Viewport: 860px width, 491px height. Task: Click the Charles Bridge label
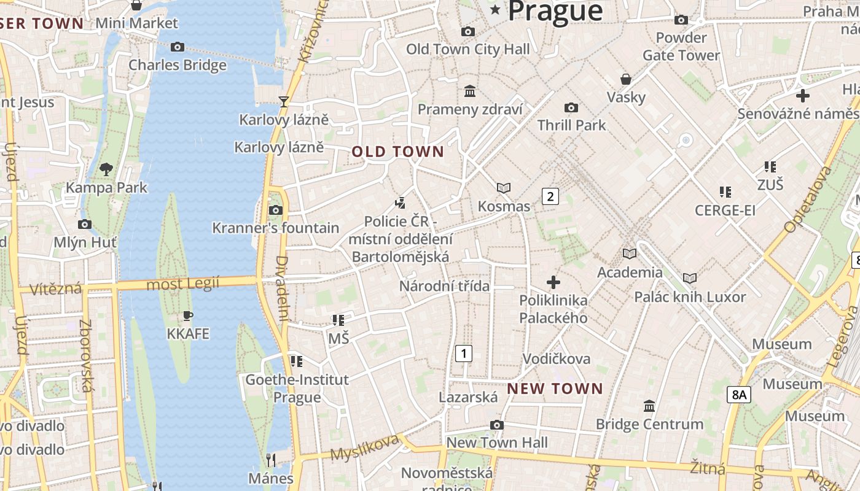click(x=177, y=65)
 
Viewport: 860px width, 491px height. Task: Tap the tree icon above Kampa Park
click(x=106, y=169)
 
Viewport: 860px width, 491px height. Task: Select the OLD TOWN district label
click(x=397, y=152)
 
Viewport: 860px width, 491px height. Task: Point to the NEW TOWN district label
click(x=555, y=389)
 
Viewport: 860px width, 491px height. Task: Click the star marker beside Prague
click(x=495, y=10)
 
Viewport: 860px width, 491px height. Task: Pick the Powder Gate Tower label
click(x=681, y=47)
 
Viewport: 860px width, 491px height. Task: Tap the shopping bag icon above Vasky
click(x=626, y=79)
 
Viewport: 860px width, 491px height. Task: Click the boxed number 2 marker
click(x=550, y=196)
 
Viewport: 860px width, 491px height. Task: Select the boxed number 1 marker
click(x=464, y=353)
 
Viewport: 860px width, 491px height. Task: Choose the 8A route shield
click(x=738, y=395)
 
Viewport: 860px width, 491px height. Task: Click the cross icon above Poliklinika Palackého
click(x=553, y=282)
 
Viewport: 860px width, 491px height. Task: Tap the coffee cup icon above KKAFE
click(x=188, y=316)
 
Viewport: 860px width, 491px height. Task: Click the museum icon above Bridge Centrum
click(x=649, y=406)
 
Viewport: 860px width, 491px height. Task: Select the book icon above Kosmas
click(x=504, y=188)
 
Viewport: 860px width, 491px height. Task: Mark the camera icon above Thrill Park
click(x=571, y=108)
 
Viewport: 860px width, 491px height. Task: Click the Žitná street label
click(x=708, y=467)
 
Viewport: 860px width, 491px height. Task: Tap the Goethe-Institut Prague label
click(x=297, y=389)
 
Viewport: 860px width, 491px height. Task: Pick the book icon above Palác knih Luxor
click(x=690, y=279)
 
